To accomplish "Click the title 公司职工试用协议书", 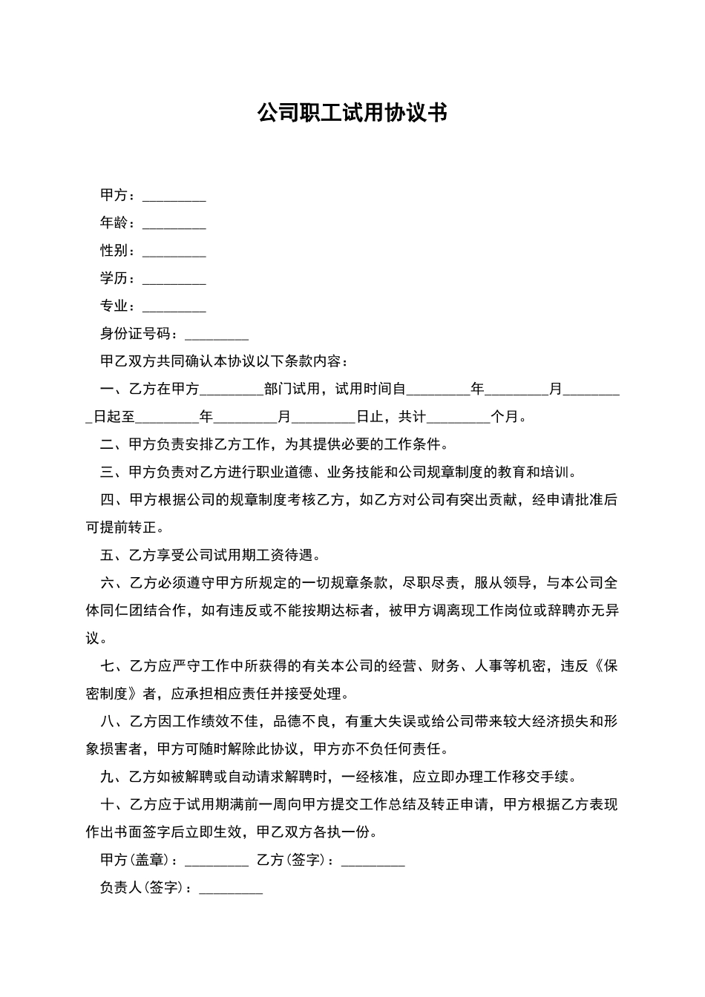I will [x=352, y=113].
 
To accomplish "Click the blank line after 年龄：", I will [x=174, y=224].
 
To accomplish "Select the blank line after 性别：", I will [x=174, y=251].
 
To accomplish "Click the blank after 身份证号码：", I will [x=216, y=335].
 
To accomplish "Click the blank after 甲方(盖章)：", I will [x=216, y=861].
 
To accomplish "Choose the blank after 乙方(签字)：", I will [x=373, y=861].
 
